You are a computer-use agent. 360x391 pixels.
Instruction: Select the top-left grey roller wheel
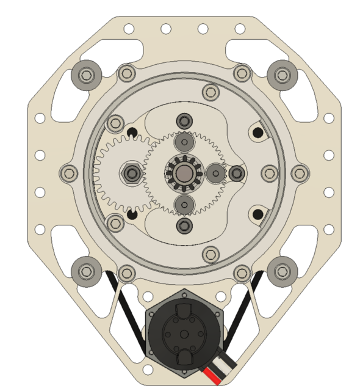pyautogui.click(x=85, y=76)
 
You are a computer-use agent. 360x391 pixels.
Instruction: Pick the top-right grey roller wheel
pyautogui.click(x=281, y=75)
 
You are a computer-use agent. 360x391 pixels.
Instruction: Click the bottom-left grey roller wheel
pyautogui.click(x=85, y=270)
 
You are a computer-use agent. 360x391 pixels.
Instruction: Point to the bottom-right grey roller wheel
pyautogui.click(x=281, y=269)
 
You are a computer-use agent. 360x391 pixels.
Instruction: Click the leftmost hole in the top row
pyautogui.click(x=129, y=29)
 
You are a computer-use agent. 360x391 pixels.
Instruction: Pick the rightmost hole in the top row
pyautogui.click(x=239, y=29)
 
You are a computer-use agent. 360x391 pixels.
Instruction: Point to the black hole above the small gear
pyautogui.click(x=131, y=133)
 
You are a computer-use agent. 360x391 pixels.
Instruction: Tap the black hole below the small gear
pyautogui.click(x=131, y=215)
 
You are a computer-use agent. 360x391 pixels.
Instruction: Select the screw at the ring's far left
pyautogui.click(x=68, y=174)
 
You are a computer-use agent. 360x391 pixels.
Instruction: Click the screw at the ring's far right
pyautogui.click(x=299, y=174)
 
